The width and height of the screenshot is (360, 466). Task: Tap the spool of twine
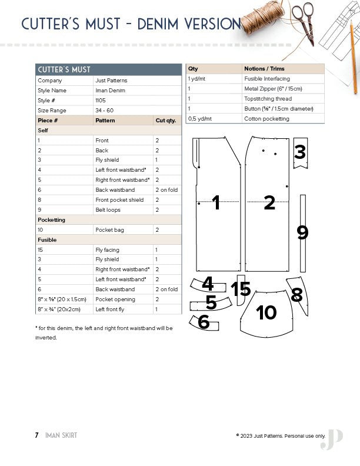pos(261,16)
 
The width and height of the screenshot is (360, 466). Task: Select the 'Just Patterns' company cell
pos(111,81)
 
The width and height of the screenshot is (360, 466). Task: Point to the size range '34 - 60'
pos(105,111)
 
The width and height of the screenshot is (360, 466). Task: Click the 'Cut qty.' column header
pos(165,121)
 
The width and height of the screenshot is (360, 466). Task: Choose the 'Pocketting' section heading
pos(51,219)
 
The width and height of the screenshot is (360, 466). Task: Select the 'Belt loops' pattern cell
pos(109,209)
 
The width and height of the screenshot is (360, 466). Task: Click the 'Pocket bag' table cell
pos(108,229)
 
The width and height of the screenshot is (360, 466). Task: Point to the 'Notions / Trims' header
pos(265,69)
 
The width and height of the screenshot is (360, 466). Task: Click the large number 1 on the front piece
pos(216,203)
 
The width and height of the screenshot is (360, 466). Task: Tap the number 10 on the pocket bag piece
pos(267,312)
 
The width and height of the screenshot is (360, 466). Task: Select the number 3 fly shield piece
pos(300,152)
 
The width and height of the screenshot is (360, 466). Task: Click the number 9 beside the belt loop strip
pos(302,233)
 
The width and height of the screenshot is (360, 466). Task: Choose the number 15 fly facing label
pos(241,289)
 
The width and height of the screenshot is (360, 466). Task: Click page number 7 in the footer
pos(36,435)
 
